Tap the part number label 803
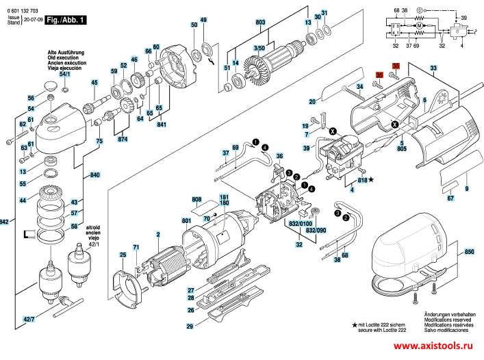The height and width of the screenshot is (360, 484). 260,23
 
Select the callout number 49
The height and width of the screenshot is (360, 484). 203,20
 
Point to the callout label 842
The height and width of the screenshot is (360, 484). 4,222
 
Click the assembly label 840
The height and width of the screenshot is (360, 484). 94,175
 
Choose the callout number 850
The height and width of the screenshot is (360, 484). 469,253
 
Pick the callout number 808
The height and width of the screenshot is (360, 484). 197,200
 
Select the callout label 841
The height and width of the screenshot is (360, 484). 162,125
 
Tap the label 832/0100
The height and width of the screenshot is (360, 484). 299,223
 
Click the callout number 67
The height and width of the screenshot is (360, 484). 450,198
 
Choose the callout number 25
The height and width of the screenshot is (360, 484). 123,255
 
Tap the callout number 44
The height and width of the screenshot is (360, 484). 23,201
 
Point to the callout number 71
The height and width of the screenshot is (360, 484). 136,246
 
